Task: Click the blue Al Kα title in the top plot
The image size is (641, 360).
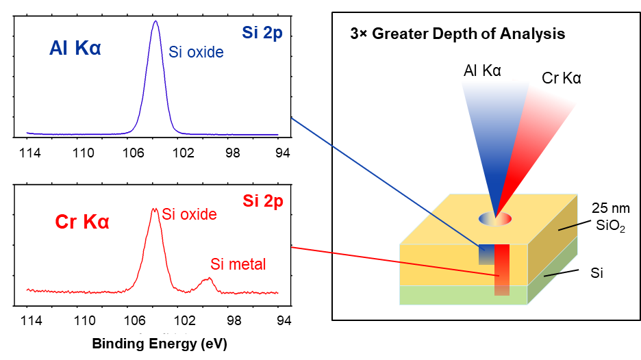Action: click(x=75, y=48)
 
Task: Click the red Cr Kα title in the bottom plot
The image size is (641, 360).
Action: click(x=82, y=222)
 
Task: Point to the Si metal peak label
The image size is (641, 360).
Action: click(x=238, y=264)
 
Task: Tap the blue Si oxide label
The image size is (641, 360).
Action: click(x=197, y=52)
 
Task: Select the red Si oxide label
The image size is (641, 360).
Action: click(x=189, y=214)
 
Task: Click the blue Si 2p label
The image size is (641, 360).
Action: click(x=262, y=33)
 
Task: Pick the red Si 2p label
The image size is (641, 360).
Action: click(x=263, y=201)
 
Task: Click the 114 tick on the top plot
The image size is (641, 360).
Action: click(x=30, y=153)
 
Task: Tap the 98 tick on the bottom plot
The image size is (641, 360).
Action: click(x=234, y=320)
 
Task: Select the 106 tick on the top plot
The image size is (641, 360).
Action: click(x=134, y=153)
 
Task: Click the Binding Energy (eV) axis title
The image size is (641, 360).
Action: click(x=160, y=344)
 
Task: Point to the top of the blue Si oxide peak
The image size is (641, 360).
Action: click(x=155, y=21)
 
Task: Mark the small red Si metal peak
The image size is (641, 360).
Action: click(x=208, y=279)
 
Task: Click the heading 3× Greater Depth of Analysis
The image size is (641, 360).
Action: click(x=458, y=34)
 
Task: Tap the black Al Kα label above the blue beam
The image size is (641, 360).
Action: click(x=482, y=70)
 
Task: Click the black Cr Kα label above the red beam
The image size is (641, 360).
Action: click(x=562, y=78)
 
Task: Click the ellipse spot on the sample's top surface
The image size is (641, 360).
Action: click(x=495, y=218)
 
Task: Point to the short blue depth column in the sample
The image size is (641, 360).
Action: click(x=486, y=254)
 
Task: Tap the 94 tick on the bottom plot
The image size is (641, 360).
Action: click(x=284, y=320)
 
